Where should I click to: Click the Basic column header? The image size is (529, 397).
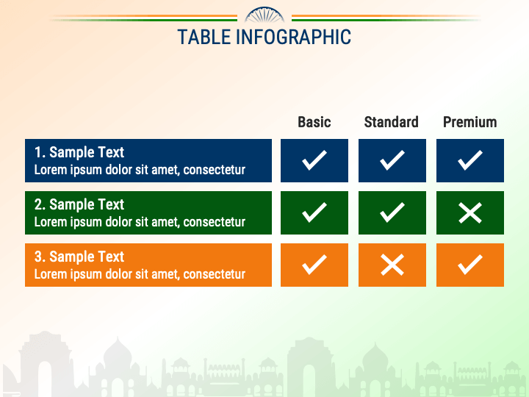(314, 122)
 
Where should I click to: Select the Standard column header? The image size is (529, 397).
(392, 122)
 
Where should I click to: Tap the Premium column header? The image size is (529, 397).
(469, 122)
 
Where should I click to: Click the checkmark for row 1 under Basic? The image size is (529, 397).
(314, 160)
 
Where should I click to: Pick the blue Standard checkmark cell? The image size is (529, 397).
(392, 160)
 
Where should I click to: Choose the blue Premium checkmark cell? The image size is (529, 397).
(470, 160)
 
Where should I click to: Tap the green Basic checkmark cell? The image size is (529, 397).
(314, 212)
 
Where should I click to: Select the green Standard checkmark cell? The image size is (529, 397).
(392, 212)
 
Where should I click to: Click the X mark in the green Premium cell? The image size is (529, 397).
(470, 212)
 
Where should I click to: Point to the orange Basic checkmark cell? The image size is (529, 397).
(314, 265)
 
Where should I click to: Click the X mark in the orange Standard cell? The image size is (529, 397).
(392, 265)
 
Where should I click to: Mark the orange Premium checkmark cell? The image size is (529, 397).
(470, 265)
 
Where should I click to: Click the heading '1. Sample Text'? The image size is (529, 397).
(79, 152)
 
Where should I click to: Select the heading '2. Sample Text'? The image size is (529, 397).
(79, 204)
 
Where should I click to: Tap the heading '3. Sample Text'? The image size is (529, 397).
(79, 257)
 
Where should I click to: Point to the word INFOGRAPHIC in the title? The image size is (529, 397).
(293, 37)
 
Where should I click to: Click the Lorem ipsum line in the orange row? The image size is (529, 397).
(140, 274)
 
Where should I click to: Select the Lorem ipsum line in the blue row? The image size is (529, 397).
(140, 170)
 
